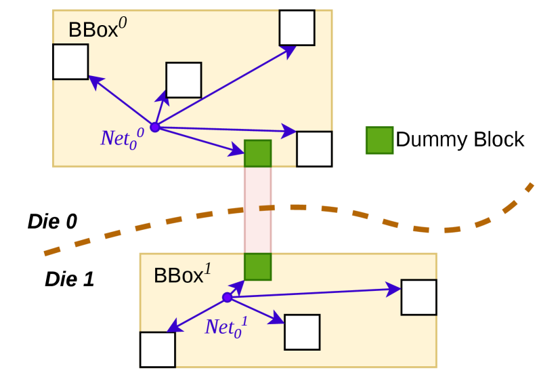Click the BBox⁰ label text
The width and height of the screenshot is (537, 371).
click(x=98, y=29)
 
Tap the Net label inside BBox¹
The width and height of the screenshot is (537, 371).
click(x=225, y=327)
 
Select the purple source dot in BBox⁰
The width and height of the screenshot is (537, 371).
click(x=154, y=127)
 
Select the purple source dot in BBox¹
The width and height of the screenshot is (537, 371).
click(x=227, y=297)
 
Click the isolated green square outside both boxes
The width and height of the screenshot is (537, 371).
click(x=379, y=140)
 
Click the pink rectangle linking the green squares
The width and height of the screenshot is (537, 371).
click(x=257, y=210)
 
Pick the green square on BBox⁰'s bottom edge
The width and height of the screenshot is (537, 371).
click(x=257, y=153)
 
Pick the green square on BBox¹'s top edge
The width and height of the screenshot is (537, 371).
click(x=257, y=267)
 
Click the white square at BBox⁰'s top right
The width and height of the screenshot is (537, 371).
click(x=297, y=28)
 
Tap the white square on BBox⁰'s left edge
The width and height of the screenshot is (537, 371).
click(x=70, y=62)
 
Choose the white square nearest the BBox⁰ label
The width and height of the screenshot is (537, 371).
click(x=184, y=80)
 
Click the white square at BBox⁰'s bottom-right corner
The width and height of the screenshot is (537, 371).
click(x=314, y=149)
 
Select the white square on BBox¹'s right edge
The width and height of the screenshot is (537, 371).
click(x=418, y=297)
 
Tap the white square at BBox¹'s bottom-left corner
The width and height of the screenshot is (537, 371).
click(x=157, y=349)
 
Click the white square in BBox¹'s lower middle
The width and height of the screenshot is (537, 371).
click(x=301, y=332)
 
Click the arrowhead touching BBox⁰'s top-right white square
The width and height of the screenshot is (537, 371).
click(x=289, y=50)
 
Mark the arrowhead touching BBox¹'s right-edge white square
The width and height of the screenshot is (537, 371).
click(x=395, y=290)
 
